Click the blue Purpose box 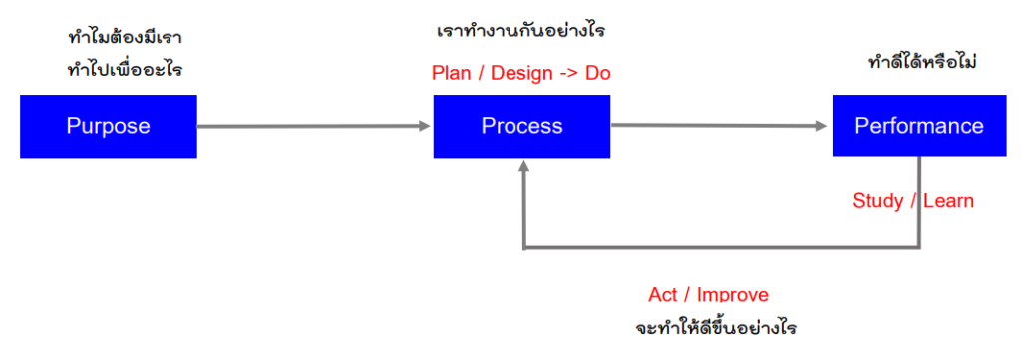108,126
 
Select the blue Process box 521,126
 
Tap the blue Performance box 918,126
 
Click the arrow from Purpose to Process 314,126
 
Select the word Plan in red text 450,73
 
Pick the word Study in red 878,201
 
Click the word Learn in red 948,201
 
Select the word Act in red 662,295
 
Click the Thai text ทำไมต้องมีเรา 124,40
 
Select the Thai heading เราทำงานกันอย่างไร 521,32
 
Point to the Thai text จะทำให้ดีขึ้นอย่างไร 716,327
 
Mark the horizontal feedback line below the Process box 718,248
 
